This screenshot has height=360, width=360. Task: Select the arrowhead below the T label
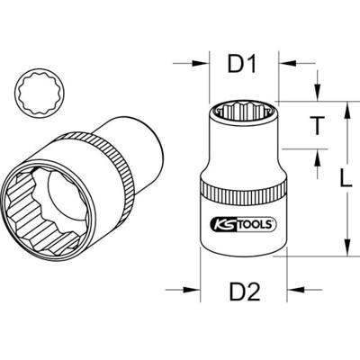click(316, 157)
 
